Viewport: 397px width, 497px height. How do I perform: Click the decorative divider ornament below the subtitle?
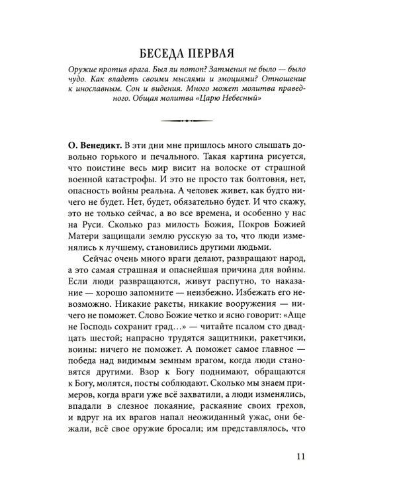pyautogui.click(x=198, y=121)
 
